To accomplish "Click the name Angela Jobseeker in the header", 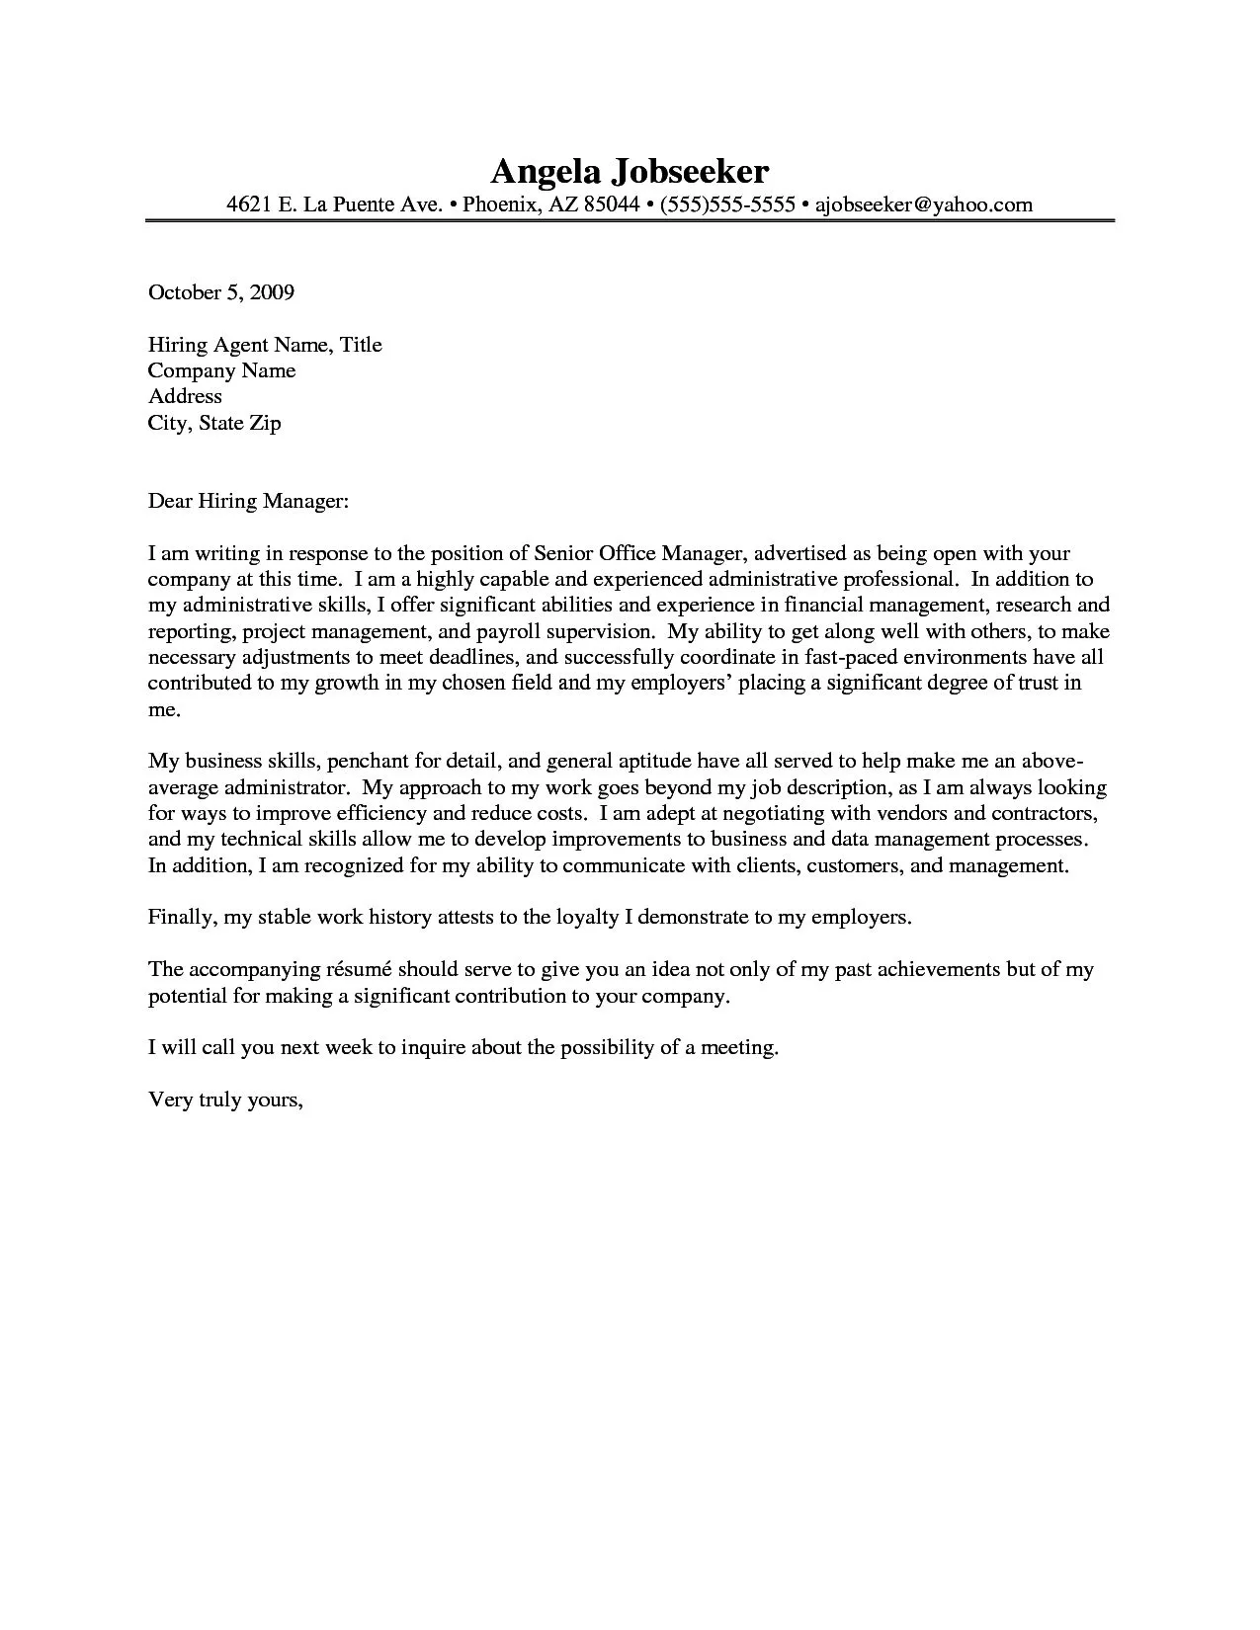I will point(630,172).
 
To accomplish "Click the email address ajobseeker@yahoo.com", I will point(923,204).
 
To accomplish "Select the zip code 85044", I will point(611,204).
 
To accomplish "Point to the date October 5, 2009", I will point(221,292).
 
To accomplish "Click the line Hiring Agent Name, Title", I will point(265,345).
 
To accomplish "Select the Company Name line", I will point(221,370).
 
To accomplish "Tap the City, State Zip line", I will point(214,423).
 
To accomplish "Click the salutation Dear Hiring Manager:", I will point(248,502).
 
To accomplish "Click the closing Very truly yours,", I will point(224,1100).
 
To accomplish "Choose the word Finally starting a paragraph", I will point(181,917).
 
